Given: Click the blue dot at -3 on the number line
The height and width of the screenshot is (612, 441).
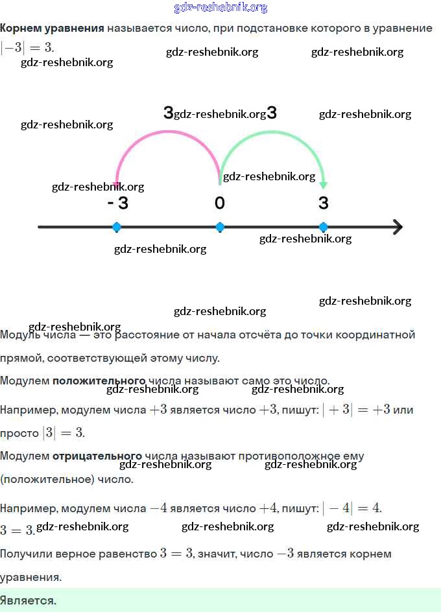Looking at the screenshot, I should [117, 227].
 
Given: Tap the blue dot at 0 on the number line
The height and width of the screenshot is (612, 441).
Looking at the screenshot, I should [220, 227].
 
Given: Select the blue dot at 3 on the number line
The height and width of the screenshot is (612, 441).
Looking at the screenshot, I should [324, 227].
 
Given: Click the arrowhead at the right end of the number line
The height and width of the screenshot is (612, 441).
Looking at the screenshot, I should [397, 227].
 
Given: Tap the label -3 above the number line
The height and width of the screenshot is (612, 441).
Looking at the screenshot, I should [118, 203].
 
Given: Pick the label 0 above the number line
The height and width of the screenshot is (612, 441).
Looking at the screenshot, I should [220, 203].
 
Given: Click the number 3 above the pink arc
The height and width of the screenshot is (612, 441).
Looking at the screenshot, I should [168, 113].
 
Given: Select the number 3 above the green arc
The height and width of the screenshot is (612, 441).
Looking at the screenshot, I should [272, 113].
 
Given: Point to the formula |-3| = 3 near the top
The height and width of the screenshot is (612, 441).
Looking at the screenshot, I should [27, 47].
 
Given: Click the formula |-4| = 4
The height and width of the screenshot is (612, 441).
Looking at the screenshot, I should [352, 508].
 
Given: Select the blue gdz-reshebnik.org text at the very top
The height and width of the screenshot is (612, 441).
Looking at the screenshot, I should [220, 8].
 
